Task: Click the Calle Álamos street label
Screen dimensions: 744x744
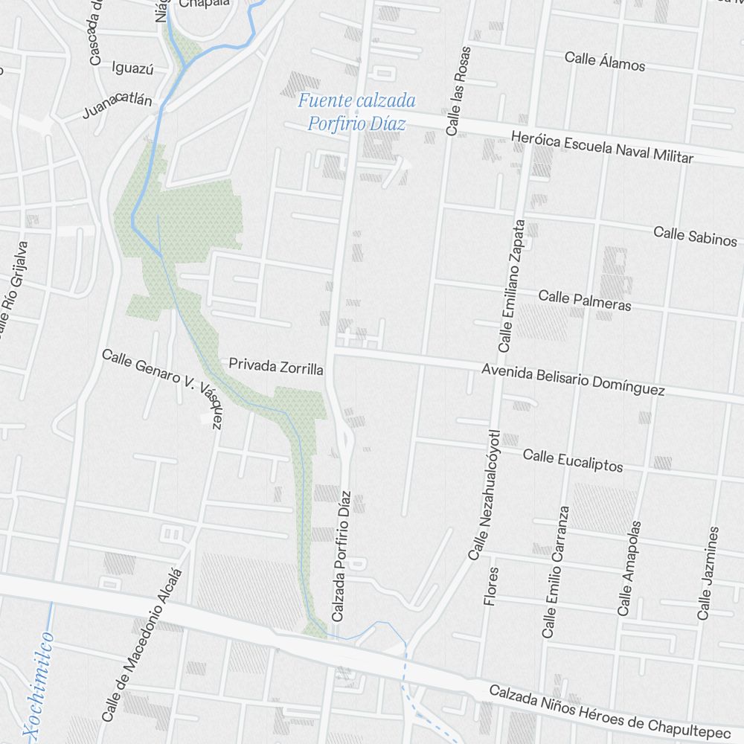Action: coord(604,61)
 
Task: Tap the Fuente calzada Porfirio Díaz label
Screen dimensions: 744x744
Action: coord(357,112)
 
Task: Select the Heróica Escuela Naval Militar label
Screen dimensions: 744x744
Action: coord(602,147)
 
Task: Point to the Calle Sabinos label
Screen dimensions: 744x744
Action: coord(695,236)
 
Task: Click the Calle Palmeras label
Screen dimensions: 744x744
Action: coord(584,301)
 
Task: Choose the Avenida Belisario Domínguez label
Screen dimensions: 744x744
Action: coord(573,379)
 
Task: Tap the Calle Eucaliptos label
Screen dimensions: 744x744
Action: coord(572,461)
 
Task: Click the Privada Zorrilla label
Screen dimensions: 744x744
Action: coord(275,366)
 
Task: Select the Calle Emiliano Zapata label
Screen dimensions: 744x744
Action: coord(513,286)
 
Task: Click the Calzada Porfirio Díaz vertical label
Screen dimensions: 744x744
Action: coord(342,557)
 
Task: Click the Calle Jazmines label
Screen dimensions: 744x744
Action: coord(708,573)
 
